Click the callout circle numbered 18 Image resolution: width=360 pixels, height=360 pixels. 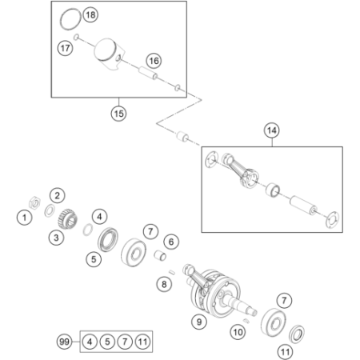coord(90,14)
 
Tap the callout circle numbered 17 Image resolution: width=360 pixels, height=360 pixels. coord(66,48)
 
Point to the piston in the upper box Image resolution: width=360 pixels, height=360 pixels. coord(110,54)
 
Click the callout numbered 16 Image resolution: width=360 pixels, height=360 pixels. coord(154,61)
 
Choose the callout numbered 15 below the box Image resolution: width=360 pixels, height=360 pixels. coord(118,114)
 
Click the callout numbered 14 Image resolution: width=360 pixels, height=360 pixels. coord(272,130)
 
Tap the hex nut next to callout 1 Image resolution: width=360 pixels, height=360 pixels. coord(34,203)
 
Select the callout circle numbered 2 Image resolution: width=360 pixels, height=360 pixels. coord(58,195)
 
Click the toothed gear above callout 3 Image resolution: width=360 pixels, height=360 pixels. coord(67,219)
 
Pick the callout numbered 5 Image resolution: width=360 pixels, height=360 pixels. coord(94,259)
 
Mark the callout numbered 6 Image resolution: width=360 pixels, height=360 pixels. coord(171,242)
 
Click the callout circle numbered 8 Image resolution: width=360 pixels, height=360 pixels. coord(164,284)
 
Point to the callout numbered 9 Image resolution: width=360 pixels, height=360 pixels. coord(199,322)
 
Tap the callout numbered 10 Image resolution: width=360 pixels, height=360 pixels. coord(238,332)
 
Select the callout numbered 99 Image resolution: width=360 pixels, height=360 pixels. coord(64,342)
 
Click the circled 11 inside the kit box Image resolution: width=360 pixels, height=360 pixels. coord(142,342)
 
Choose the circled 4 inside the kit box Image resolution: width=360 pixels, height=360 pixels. coord(90,342)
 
